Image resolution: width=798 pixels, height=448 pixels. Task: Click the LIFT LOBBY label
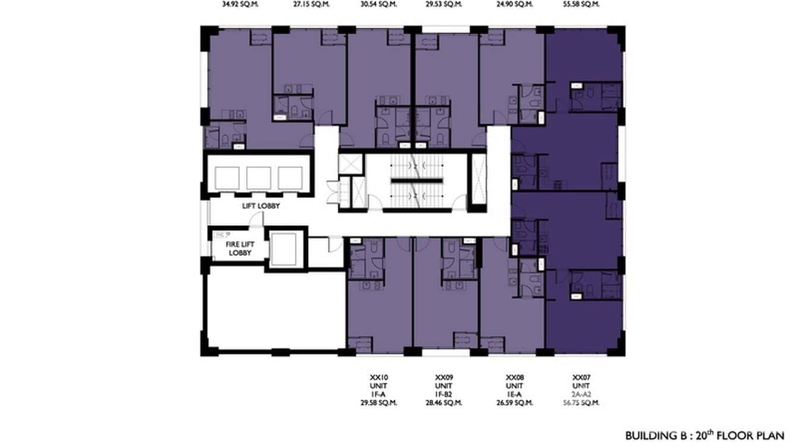point(260,206)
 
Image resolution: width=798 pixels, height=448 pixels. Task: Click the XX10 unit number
point(379,377)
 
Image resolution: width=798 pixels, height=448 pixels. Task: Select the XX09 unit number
point(444,377)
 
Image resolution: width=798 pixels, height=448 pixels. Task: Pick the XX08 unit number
point(514,377)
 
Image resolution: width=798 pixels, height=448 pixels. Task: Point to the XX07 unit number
point(581,377)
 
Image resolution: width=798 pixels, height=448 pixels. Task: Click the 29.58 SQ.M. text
point(379,403)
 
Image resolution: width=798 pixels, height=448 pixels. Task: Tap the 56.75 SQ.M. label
point(581,403)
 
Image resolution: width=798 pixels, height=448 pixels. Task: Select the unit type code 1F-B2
point(444,394)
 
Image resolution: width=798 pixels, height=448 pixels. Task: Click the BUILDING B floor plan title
point(705,436)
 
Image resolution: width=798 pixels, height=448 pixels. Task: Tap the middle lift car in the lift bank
point(259,178)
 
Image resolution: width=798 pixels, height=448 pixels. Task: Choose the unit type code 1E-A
point(514,394)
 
